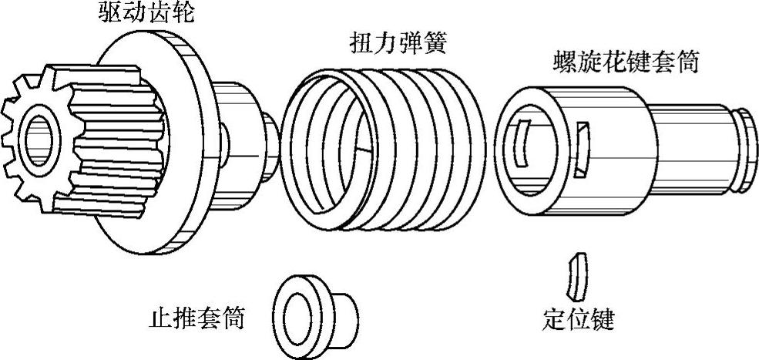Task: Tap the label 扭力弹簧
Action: [396, 43]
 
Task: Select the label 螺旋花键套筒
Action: [626, 62]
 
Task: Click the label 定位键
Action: [579, 318]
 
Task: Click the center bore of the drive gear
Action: [39, 138]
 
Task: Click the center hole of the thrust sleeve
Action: [296, 315]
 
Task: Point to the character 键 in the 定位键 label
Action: [602, 318]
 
